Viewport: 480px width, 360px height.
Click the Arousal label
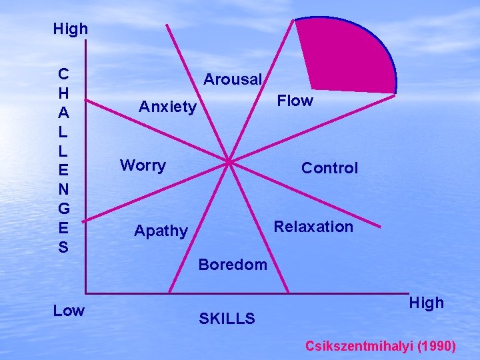click(x=233, y=79)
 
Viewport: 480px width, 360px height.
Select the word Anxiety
click(x=167, y=107)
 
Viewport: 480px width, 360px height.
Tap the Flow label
click(x=295, y=101)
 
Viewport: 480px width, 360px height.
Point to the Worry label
click(x=143, y=165)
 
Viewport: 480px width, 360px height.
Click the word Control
click(x=329, y=169)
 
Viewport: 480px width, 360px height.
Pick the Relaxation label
click(x=313, y=227)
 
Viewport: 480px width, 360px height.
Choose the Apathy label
click(x=161, y=231)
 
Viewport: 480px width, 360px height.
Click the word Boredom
click(x=233, y=265)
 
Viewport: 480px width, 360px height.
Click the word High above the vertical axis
click(x=70, y=29)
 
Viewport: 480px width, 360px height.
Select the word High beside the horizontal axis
click(x=426, y=303)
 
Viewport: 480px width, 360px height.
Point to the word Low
click(x=69, y=311)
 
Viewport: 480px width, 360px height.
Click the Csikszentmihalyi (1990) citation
click(x=381, y=346)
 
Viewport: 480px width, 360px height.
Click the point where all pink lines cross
click(x=229, y=161)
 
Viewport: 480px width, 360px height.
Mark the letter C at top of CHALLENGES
click(x=63, y=72)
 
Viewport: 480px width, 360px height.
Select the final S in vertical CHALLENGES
click(x=63, y=247)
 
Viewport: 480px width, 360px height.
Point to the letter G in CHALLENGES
click(x=63, y=211)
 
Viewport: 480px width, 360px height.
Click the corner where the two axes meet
click(x=86, y=293)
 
